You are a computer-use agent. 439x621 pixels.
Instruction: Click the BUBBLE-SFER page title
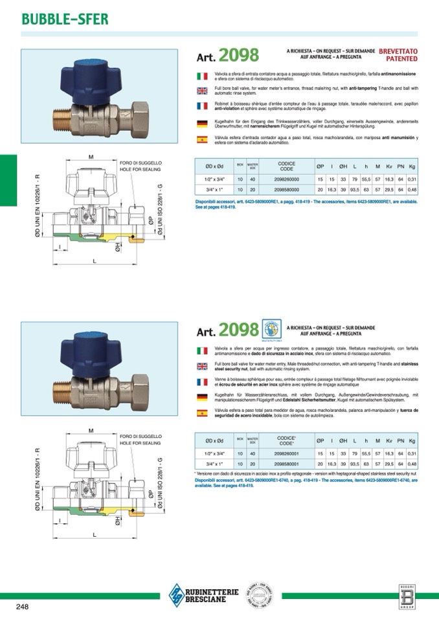tap(65, 19)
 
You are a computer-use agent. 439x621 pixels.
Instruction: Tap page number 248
tap(24, 606)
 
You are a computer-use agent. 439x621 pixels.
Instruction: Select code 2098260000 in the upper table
tap(282, 178)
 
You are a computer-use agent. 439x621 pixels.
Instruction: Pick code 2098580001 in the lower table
tap(282, 464)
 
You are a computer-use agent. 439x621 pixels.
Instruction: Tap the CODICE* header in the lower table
tap(286, 440)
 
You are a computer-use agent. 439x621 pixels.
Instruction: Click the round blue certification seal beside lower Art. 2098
tap(271, 328)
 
